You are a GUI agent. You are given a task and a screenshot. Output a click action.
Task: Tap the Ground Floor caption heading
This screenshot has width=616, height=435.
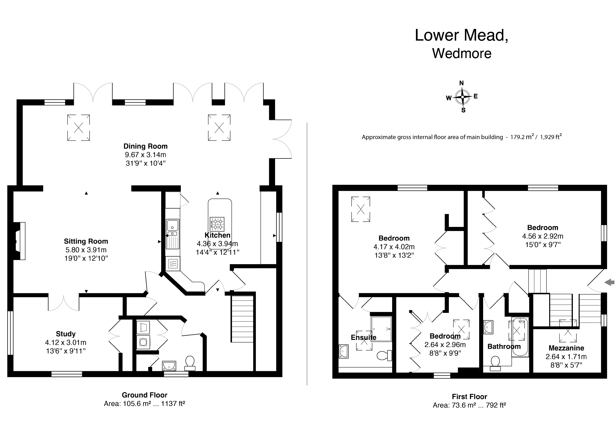point(145,395)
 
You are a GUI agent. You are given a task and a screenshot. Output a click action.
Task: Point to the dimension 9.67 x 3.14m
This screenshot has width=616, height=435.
point(145,155)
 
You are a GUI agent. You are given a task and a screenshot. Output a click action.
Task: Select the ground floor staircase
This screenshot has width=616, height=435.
point(242,319)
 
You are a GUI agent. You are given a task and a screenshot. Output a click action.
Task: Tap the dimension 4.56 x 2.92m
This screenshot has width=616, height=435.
point(542,236)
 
